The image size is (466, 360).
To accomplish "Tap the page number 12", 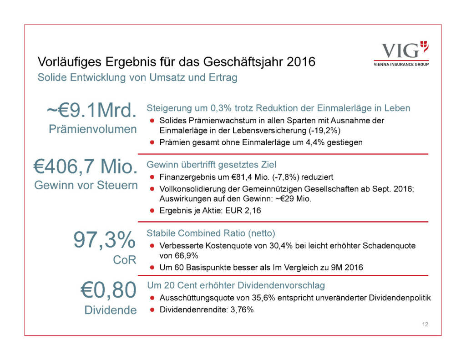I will pyautogui.click(x=425, y=325).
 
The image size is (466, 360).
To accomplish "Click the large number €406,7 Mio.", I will pyautogui.click(x=85, y=167).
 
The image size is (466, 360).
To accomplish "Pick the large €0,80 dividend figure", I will pyautogui.click(x=108, y=290).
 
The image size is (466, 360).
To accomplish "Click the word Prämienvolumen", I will pyautogui.click(x=92, y=129).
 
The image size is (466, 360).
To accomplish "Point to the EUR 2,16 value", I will pyautogui.click(x=242, y=210).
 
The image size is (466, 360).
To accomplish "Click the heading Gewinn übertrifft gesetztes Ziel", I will pyautogui.click(x=211, y=164).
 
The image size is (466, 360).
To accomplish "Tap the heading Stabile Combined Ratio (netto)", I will pyautogui.click(x=211, y=233).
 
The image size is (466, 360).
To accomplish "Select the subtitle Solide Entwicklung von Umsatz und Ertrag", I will pyautogui.click(x=137, y=77).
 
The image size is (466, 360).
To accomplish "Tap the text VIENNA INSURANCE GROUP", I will pyautogui.click(x=400, y=64).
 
